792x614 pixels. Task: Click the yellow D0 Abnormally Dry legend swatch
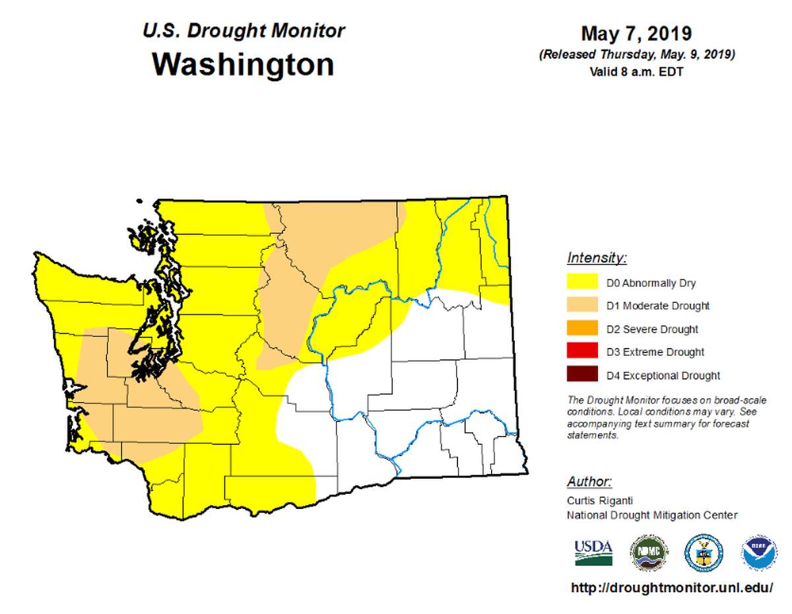click(x=582, y=283)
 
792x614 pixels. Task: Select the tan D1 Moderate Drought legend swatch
click(x=582, y=306)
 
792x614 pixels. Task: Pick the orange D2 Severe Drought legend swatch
click(x=582, y=329)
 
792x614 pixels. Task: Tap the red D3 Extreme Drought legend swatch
click(x=582, y=352)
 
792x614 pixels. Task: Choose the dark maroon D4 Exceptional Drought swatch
click(x=582, y=375)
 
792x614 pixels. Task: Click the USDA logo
click(x=593, y=552)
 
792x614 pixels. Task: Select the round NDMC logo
click(x=649, y=552)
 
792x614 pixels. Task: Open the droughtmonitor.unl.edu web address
click(x=671, y=588)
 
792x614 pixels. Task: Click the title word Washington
click(x=243, y=65)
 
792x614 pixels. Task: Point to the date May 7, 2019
click(x=636, y=33)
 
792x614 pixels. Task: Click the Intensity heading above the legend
click(x=597, y=257)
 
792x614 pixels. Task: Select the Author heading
click(x=589, y=481)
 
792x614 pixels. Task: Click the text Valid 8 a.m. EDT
click(x=636, y=71)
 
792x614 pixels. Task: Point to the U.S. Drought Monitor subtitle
click(x=243, y=30)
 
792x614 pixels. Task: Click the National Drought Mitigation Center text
click(x=652, y=515)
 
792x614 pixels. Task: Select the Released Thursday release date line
click(x=636, y=55)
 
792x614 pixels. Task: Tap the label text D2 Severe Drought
click(x=652, y=329)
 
